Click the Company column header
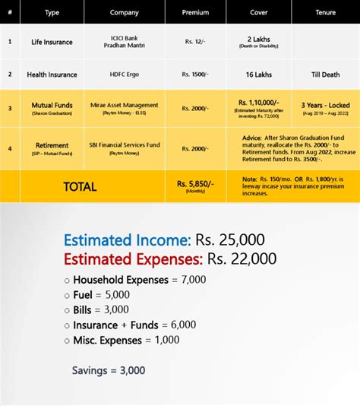coord(125,12)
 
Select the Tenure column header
coord(324,12)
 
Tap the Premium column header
coord(195,12)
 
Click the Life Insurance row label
coord(52,42)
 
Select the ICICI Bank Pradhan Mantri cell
coord(125,41)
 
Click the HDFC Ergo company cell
coord(125,75)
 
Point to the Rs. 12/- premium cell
coord(195,42)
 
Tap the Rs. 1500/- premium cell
coord(195,75)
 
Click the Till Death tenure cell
coord(324,75)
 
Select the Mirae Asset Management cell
coord(125,105)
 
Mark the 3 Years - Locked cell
coord(324,105)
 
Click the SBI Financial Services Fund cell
coord(125,145)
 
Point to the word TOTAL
coord(80,186)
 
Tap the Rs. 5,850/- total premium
coord(195,184)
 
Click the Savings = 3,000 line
coord(109,371)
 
